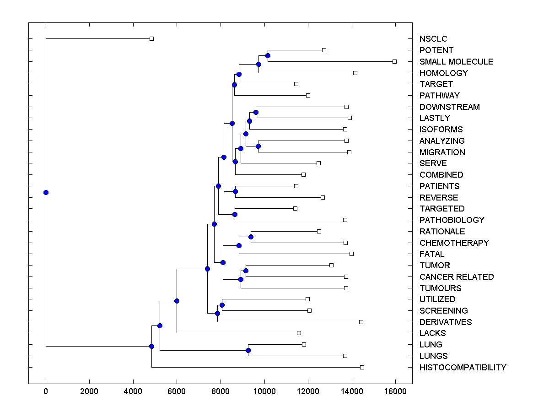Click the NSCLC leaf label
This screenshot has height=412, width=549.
click(433, 39)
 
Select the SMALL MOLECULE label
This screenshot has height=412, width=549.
click(456, 62)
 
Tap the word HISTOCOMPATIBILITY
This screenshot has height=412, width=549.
click(463, 368)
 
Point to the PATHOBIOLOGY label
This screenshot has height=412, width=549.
click(452, 220)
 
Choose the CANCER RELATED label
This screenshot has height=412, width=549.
click(456, 277)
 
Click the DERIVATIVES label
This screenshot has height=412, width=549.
click(445, 322)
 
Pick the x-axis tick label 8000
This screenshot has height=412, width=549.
click(221, 391)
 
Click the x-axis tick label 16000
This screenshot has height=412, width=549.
click(395, 391)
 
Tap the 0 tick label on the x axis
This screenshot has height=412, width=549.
click(46, 391)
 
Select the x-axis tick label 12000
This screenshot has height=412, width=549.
click(308, 391)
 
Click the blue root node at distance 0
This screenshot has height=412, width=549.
click(46, 192)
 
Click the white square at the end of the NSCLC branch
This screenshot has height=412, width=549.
click(152, 38)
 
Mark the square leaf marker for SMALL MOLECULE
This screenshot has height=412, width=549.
click(395, 61)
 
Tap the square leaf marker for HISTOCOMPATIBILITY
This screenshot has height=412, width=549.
click(362, 367)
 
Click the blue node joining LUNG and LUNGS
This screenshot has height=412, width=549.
click(248, 350)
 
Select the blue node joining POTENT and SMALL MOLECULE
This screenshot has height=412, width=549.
click(268, 56)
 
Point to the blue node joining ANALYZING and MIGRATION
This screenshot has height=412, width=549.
click(258, 146)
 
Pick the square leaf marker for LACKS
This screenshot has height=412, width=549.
click(299, 333)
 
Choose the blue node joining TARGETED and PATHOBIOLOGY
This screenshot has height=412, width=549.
click(235, 214)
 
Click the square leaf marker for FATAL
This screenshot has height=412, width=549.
click(351, 254)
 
